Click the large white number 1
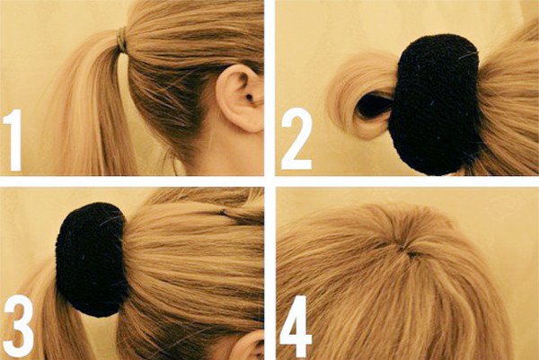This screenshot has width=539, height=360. coord(13,140)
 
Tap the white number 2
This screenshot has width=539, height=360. coord(296,139)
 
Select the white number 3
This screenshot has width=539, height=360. coord(19,326)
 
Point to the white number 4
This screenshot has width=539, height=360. coord(296,327)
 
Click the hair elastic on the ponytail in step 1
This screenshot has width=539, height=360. coord(121,40)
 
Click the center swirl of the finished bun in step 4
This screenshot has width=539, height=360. coord(409,253)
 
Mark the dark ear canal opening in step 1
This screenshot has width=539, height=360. coord(248,97)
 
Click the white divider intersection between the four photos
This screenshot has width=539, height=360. coord(269,181)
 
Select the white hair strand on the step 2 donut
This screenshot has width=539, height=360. coord(468,55)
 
